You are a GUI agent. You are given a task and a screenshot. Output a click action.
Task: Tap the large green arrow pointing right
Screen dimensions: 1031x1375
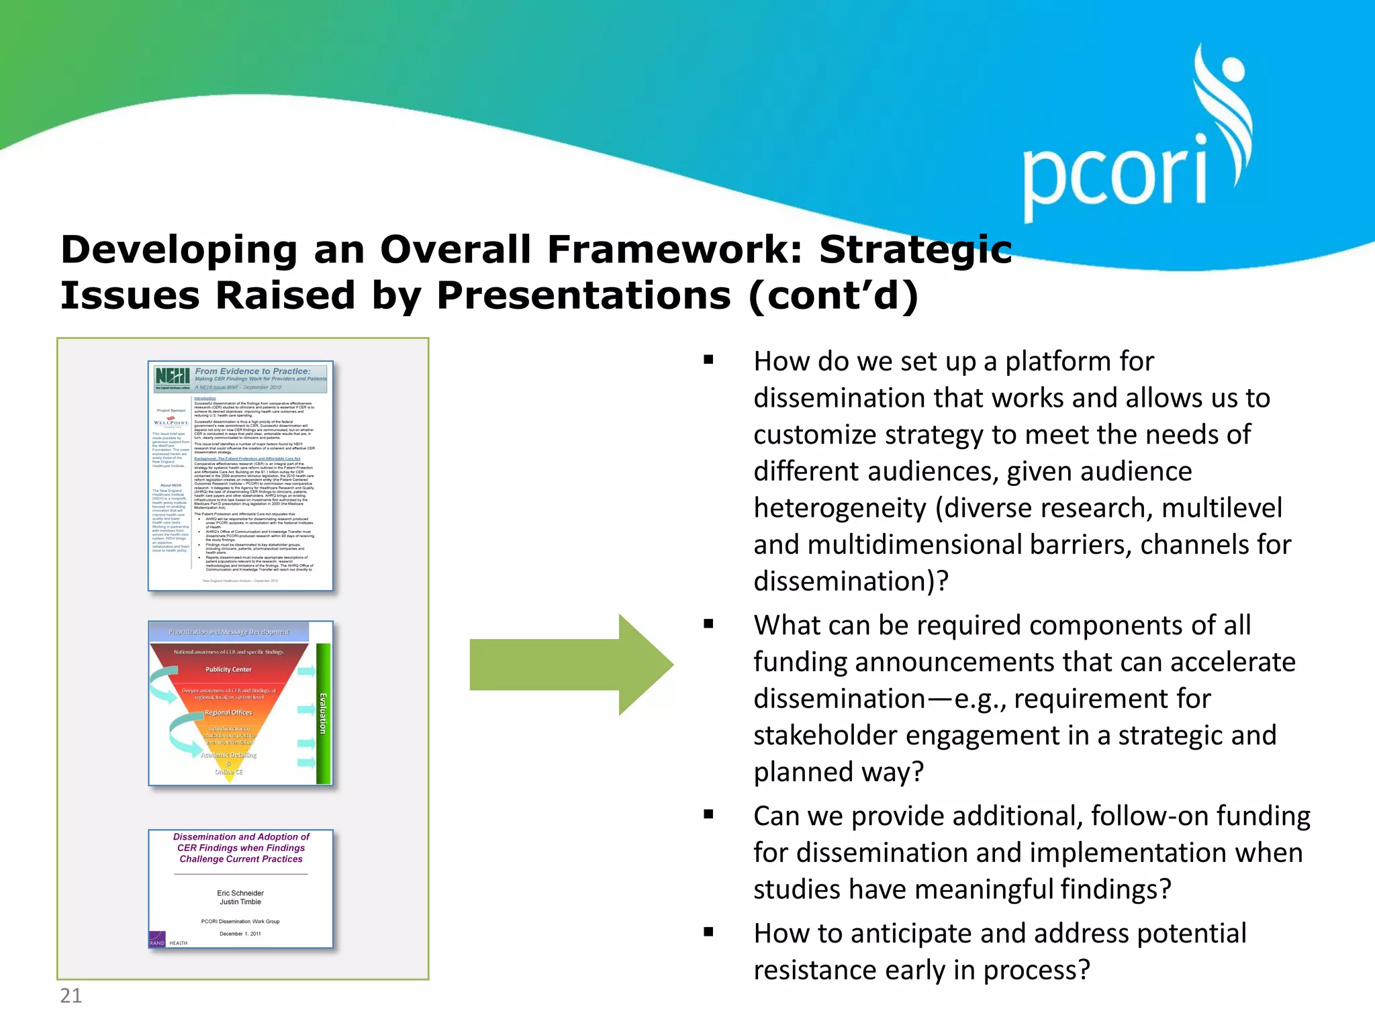(571, 665)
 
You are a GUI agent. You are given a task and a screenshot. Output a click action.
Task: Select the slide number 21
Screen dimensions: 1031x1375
(70, 995)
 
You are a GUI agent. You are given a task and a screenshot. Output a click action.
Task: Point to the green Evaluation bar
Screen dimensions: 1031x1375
(323, 713)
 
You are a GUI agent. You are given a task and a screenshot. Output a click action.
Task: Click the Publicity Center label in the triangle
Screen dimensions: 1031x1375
(228, 669)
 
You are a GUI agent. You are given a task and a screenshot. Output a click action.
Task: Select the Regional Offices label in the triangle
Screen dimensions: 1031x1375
(228, 712)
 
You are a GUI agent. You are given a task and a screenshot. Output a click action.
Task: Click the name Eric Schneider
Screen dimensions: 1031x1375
(240, 893)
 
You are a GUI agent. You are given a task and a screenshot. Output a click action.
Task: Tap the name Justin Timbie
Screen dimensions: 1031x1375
(240, 902)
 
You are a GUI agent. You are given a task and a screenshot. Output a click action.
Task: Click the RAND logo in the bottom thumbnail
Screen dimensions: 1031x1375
(157, 940)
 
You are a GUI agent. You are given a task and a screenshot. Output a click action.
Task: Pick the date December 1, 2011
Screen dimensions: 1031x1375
(240, 934)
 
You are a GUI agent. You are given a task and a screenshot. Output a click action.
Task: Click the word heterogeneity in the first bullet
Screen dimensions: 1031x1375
(839, 508)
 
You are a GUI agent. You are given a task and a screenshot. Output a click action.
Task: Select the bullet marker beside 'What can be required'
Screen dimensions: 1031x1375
(708, 624)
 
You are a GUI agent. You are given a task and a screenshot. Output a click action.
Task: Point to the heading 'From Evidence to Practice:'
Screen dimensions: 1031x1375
(252, 371)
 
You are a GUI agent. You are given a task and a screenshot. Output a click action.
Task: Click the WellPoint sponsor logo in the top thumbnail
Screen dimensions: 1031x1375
(171, 422)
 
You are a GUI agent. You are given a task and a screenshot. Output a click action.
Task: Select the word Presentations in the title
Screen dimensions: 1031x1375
(583, 296)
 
